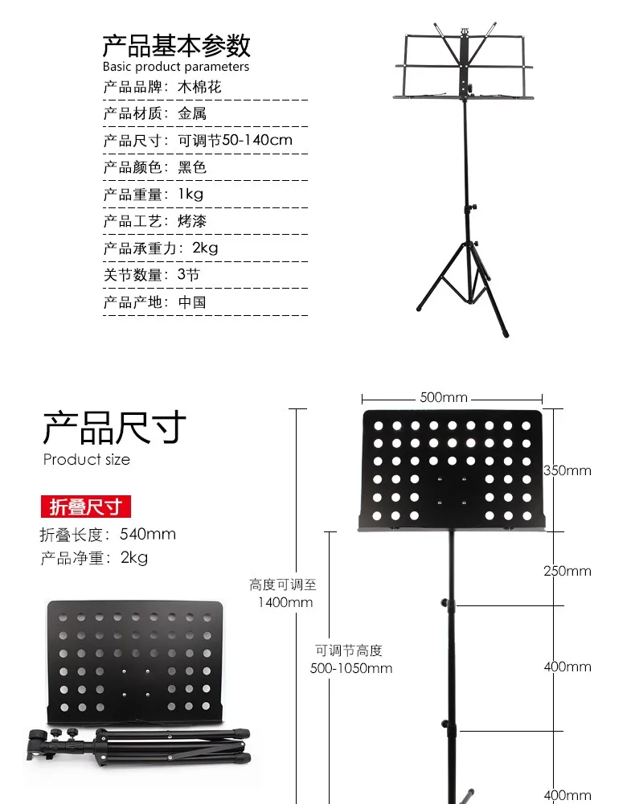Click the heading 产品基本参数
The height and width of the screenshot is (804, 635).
pyautogui.click(x=176, y=46)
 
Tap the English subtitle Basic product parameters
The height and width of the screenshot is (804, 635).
pyautogui.click(x=176, y=67)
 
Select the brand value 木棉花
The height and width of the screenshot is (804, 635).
pyautogui.click(x=199, y=87)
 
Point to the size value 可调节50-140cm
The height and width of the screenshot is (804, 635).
pyautogui.click(x=236, y=140)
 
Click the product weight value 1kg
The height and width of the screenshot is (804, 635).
pyautogui.click(x=190, y=194)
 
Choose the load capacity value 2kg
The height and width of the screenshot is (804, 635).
pyautogui.click(x=205, y=248)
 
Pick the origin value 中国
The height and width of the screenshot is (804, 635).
pyautogui.click(x=192, y=302)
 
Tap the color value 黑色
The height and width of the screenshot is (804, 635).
pyautogui.click(x=192, y=167)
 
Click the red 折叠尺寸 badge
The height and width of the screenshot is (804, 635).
pyautogui.click(x=85, y=507)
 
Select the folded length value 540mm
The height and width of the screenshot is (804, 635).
pyautogui.click(x=148, y=535)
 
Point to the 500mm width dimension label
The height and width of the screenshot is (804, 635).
pyautogui.click(x=444, y=397)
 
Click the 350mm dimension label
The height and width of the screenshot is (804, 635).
pyautogui.click(x=567, y=470)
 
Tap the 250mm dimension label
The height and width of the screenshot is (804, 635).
pyautogui.click(x=567, y=571)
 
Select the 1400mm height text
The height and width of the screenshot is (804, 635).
pyautogui.click(x=285, y=602)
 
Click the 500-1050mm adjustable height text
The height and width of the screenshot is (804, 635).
pyautogui.click(x=351, y=668)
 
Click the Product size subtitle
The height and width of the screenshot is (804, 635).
pyautogui.click(x=87, y=459)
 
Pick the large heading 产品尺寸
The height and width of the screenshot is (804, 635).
pyautogui.click(x=114, y=427)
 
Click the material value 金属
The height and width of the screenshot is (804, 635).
pyautogui.click(x=192, y=113)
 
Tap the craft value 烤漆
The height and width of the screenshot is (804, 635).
pyautogui.click(x=192, y=221)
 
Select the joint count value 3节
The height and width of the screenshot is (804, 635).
pyautogui.click(x=189, y=275)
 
